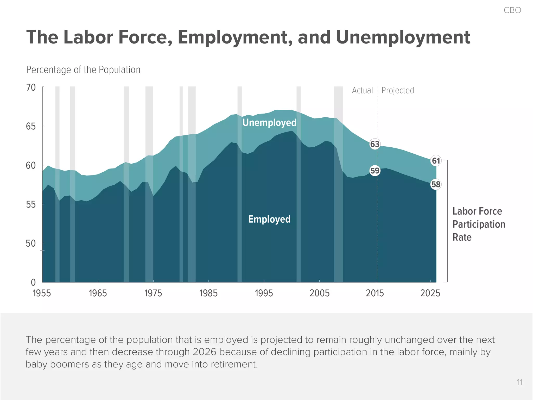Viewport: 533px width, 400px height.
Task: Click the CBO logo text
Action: coord(512,10)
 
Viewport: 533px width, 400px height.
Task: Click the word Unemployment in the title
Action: coord(403,37)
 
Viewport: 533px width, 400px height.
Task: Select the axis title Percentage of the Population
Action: coord(83,70)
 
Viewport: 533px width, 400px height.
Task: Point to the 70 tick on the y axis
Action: coord(31,87)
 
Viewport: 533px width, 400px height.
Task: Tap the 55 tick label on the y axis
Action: coord(31,205)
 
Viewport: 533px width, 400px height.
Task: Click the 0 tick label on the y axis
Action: coord(33,282)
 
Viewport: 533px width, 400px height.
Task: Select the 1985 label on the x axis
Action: coord(208,293)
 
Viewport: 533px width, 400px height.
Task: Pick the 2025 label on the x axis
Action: coord(430,293)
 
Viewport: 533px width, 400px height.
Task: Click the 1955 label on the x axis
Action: coord(42,293)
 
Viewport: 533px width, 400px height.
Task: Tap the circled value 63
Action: coord(375,144)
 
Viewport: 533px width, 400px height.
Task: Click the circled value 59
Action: coord(375,171)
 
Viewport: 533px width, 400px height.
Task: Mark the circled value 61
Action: coord(436,161)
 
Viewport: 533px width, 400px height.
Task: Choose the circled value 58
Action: coord(436,184)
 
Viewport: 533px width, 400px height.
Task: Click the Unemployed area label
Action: coord(269,122)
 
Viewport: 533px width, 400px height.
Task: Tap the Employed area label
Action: coord(269,219)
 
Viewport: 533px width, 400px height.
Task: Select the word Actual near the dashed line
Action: coord(362,90)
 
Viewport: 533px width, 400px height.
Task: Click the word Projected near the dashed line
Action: coord(398,90)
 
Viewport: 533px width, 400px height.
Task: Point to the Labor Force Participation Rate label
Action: coord(478,224)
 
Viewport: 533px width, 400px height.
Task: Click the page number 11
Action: coord(519,382)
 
